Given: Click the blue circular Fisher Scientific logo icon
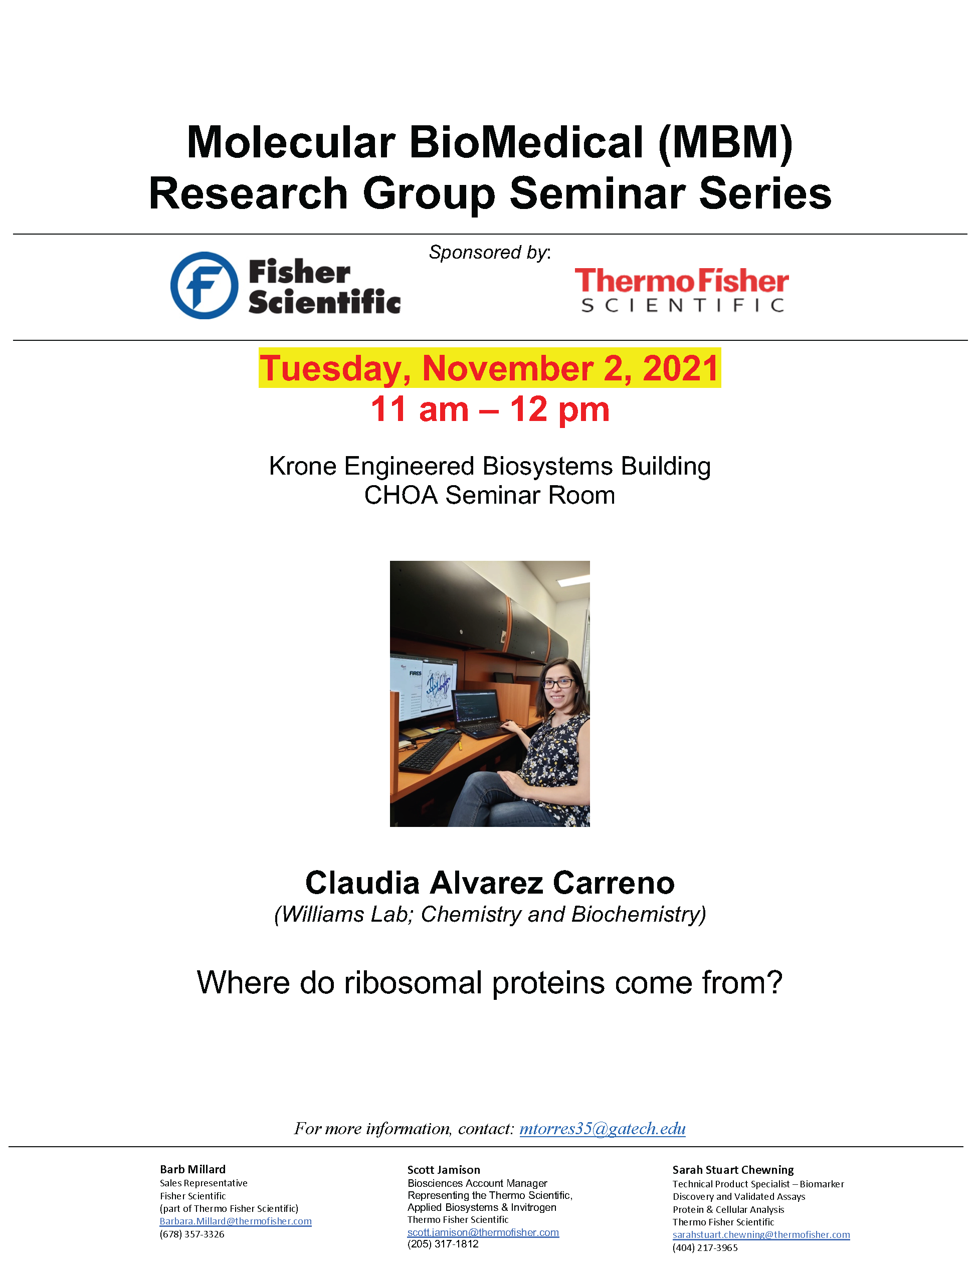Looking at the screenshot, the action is point(204,285).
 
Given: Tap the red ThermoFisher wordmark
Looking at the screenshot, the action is point(682,281).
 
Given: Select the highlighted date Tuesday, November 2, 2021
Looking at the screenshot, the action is point(489,367).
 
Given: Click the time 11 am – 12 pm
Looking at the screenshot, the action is point(490,409).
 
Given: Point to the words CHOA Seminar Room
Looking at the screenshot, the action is point(489,495).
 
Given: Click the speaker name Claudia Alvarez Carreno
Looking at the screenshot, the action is point(490,883).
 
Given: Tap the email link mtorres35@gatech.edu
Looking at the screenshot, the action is point(602,1128).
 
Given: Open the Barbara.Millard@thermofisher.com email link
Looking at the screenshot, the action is point(235,1221).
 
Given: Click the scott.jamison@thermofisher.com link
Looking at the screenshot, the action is point(483,1232).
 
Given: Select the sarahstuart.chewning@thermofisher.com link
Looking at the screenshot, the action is point(761,1234).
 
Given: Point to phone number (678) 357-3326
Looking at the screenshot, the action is point(191,1234).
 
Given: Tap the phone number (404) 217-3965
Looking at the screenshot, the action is point(705,1247).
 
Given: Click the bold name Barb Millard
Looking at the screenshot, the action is point(193,1169).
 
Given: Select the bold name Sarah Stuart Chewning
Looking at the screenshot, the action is point(733,1170).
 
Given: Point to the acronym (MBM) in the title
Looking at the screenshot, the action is point(725,142).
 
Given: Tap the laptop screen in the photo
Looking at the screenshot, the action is point(476,708).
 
